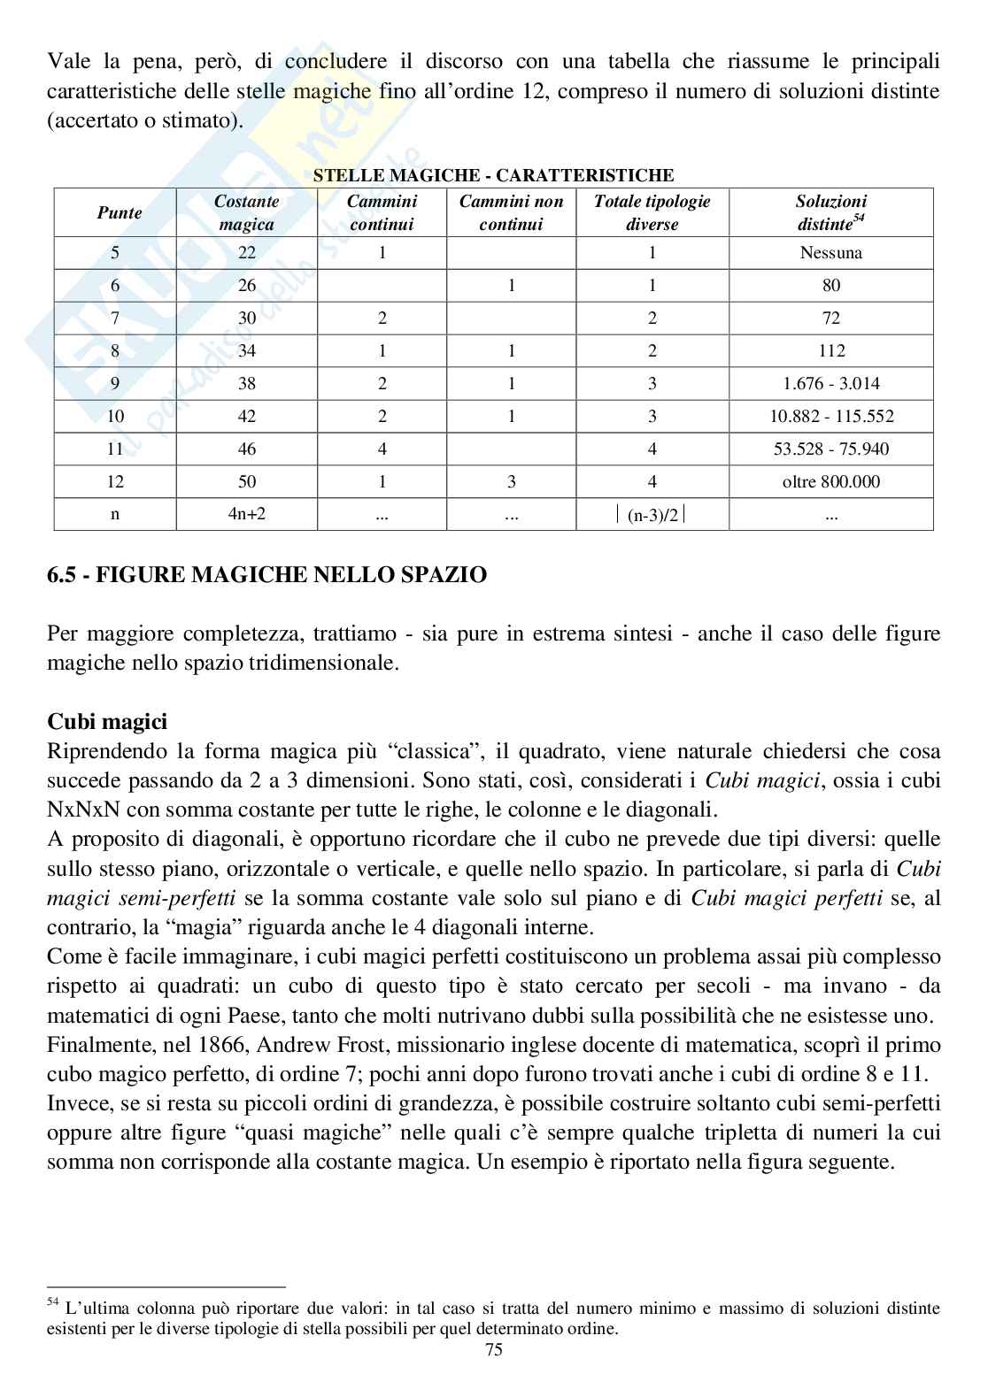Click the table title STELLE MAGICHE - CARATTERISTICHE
click(493, 175)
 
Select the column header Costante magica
click(247, 212)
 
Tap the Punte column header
click(119, 212)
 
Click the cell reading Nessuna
click(830, 253)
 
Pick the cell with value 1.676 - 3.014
click(830, 384)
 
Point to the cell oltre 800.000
click(830, 482)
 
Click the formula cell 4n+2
click(246, 514)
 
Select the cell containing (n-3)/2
click(652, 515)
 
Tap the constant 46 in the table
click(247, 449)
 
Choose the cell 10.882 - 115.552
click(830, 417)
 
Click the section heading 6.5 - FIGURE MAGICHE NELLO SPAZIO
click(266, 575)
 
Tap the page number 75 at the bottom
click(494, 1374)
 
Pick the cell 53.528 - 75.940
click(830, 449)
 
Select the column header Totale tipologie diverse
click(652, 212)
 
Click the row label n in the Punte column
click(115, 514)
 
